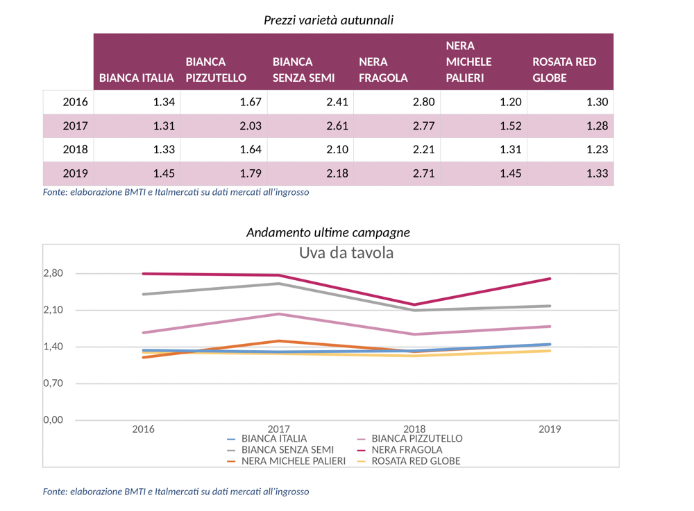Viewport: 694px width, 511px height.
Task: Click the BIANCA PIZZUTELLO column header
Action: (x=216, y=69)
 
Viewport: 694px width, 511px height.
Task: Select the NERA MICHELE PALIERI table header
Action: (x=469, y=62)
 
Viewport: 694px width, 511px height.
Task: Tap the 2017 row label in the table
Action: (x=75, y=126)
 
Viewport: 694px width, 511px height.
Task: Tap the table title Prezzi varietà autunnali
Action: (x=328, y=20)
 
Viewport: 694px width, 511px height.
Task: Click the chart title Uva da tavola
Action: (x=346, y=253)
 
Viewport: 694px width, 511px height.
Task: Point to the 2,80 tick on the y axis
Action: (x=53, y=273)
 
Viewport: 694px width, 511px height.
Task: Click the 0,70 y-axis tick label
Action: (x=53, y=383)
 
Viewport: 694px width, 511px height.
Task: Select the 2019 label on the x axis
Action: (x=550, y=429)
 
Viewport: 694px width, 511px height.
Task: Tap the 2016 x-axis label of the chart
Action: (x=144, y=429)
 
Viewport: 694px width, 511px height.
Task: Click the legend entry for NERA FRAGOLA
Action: (x=407, y=449)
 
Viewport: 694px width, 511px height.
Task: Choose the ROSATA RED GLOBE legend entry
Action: (x=416, y=460)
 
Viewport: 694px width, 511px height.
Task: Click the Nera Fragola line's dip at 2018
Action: (x=414, y=304)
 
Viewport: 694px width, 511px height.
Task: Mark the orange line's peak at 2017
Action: (x=279, y=340)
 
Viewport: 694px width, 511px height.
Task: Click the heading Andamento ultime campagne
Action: (x=328, y=232)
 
